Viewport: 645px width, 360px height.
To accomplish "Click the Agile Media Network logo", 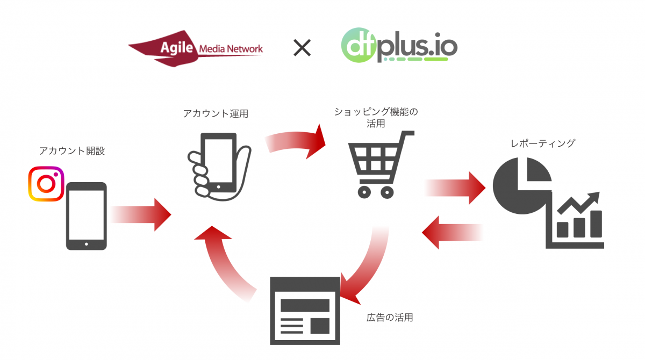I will point(196,50).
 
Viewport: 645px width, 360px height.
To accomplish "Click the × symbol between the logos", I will point(302,49).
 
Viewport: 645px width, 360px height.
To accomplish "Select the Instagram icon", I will point(46,184).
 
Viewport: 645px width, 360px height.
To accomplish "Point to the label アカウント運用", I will point(215,113).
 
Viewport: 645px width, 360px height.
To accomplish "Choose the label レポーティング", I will point(543,143).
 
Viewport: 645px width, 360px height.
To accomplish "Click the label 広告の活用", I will point(390,317).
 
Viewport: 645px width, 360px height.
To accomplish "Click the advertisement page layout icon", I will point(305,310).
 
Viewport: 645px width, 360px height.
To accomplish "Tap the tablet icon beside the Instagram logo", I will point(86,216).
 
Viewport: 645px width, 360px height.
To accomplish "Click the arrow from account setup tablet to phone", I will point(141,214).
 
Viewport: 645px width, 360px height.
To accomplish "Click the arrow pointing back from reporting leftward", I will point(451,232).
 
